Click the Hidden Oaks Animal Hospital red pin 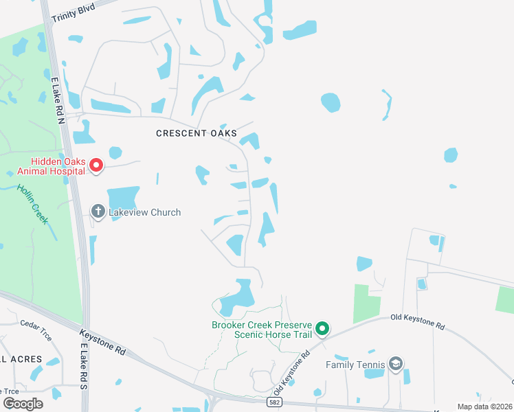(x=97, y=166)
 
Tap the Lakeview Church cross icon (x=98, y=212)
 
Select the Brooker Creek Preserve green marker (x=322, y=330)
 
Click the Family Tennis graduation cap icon (x=395, y=364)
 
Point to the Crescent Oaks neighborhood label (x=197, y=133)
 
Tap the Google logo (x=23, y=403)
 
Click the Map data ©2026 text (x=484, y=407)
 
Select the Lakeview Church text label (x=144, y=212)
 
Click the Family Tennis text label (x=355, y=365)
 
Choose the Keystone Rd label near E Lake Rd (x=102, y=341)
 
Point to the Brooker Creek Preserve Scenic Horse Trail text (x=262, y=330)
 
